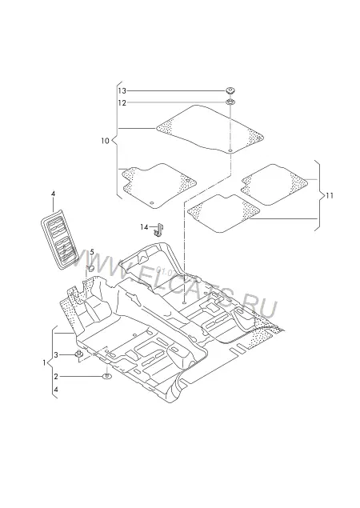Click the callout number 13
[x=122, y=91]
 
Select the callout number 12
[x=122, y=103]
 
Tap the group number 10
[x=106, y=141]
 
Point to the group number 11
[x=330, y=196]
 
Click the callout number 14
[x=144, y=227]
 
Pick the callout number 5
[x=92, y=252]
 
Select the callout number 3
[x=56, y=355]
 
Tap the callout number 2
[x=56, y=377]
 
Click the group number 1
[x=44, y=363]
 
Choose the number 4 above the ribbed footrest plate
[x=53, y=194]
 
